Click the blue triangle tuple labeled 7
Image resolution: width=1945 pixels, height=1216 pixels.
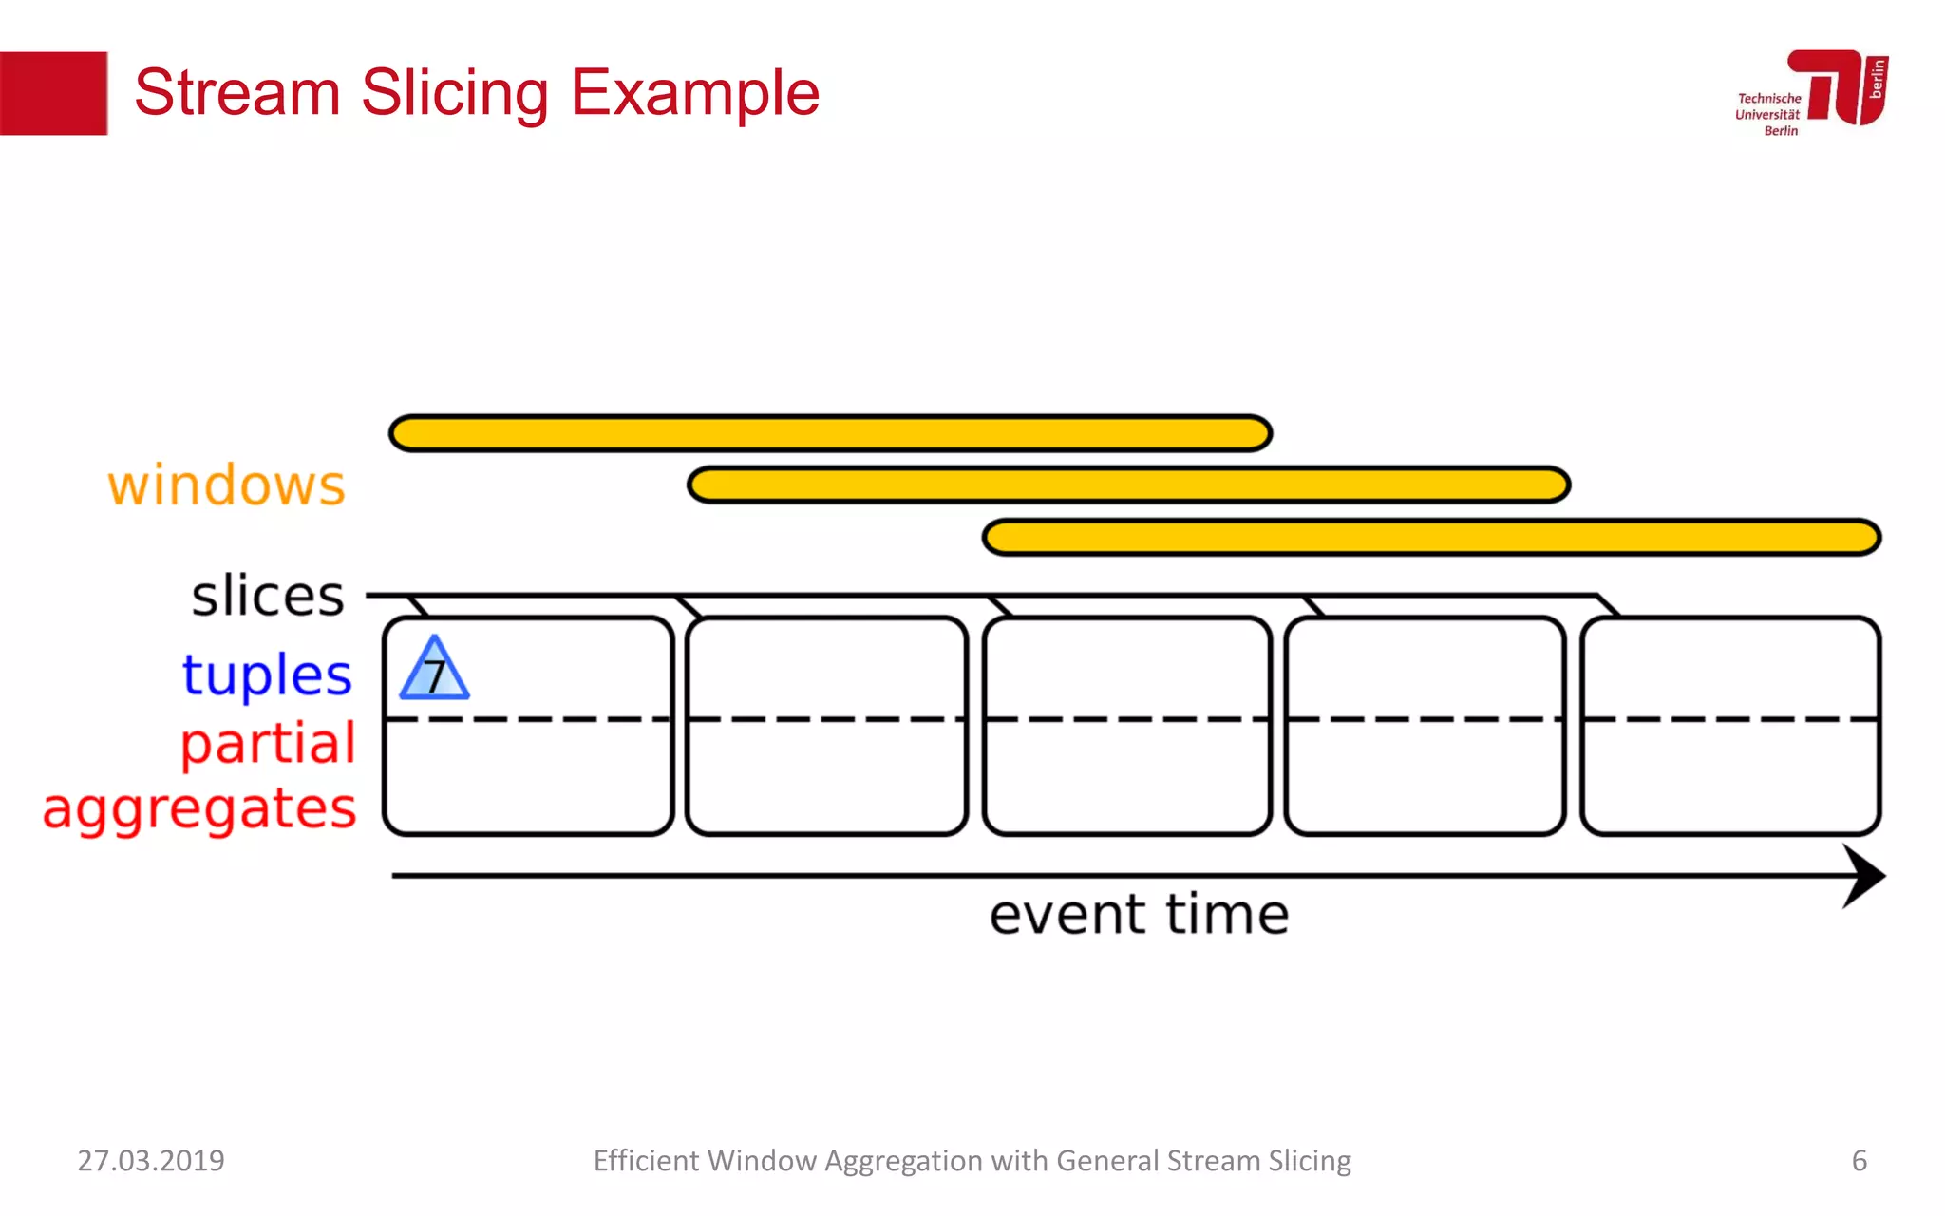[434, 671]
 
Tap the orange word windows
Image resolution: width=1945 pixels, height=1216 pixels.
[226, 485]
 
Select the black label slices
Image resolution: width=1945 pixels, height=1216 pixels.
[268, 597]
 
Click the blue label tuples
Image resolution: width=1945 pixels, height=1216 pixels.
[267, 674]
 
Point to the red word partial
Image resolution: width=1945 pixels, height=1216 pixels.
[268, 743]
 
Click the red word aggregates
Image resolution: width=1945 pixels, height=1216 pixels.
[199, 809]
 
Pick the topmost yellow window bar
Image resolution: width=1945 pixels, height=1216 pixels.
[830, 433]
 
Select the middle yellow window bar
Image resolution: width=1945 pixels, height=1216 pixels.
[1128, 484]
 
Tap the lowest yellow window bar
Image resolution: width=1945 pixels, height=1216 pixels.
[1431, 537]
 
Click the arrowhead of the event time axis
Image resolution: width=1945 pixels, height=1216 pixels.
[1863, 876]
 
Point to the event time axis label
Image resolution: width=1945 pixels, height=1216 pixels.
[1139, 915]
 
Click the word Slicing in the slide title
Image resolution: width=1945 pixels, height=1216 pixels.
[455, 93]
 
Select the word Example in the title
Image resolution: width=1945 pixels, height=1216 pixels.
[695, 93]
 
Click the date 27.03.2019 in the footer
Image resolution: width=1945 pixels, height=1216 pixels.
[151, 1161]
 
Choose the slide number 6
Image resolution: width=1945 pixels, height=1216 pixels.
[1859, 1161]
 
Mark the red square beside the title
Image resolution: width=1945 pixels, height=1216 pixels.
[53, 93]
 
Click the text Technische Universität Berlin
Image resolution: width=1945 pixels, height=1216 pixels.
[1768, 114]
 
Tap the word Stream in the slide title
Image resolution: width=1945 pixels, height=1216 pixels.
[237, 93]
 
